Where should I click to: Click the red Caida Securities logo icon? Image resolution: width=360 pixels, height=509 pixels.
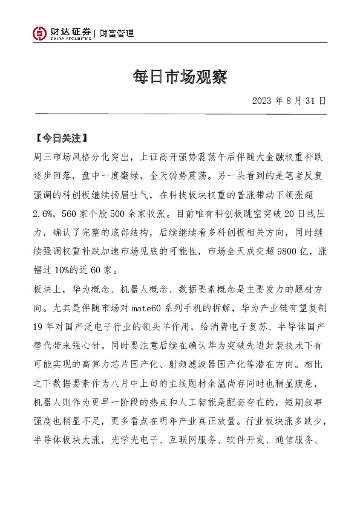tap(40, 34)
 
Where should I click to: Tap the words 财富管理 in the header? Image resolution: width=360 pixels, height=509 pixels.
tap(117, 34)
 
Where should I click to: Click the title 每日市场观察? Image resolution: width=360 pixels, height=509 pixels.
tap(180, 77)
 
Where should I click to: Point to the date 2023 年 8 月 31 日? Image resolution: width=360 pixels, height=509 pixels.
tap(289, 100)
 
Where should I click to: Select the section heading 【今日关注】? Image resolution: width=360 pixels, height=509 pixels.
tap(62, 138)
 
